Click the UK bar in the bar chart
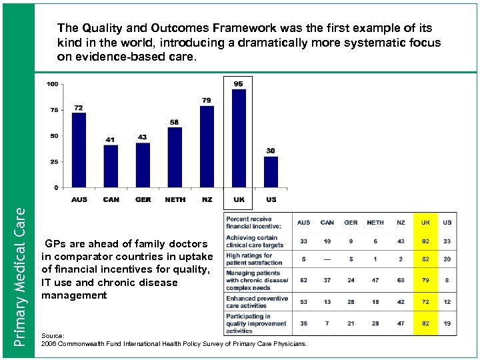coord(239,138)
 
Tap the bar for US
coord(271,171)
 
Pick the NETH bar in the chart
coord(175,157)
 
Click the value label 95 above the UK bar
coord(239,84)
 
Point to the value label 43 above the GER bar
coord(142,137)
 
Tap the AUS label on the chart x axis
coord(79,199)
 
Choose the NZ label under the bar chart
coord(207,199)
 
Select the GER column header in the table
coord(351,223)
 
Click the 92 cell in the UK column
coord(425,241)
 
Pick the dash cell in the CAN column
coord(327,259)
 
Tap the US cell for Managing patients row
coord(447,281)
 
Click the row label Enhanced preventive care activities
coord(257,302)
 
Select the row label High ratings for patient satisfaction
coord(254,259)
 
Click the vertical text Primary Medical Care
coord(20,276)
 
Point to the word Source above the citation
coord(51,336)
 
